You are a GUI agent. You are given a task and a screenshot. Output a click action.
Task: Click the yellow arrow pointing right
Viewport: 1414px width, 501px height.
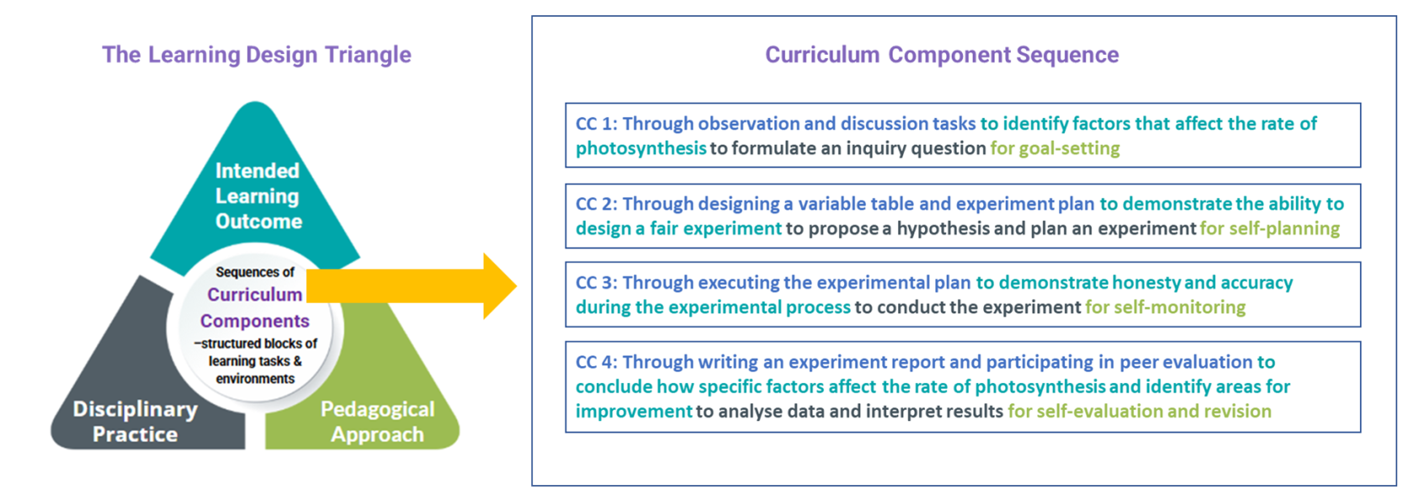[x=412, y=286]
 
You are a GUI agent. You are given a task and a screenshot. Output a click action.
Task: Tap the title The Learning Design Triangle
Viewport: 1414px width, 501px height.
[x=256, y=55]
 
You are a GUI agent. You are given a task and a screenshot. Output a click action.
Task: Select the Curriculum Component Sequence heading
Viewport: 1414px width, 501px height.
[x=942, y=55]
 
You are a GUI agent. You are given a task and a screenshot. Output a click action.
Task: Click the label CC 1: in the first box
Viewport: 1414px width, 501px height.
[x=596, y=124]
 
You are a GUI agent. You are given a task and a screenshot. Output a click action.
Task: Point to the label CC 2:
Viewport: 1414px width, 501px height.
[x=596, y=204]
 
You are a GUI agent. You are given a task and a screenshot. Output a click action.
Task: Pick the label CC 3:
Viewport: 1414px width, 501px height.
[x=596, y=282]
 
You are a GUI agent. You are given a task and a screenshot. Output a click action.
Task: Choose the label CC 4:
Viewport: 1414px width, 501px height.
[x=596, y=362]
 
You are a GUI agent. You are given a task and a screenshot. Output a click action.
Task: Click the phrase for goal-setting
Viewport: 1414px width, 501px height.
[x=1055, y=148]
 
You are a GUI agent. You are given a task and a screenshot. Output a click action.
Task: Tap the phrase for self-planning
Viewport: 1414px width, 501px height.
[x=1269, y=229]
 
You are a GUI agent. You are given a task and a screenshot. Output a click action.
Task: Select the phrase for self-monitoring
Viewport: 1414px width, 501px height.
[x=1165, y=307]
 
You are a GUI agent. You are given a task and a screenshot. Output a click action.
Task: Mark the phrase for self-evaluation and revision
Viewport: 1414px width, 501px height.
[x=1140, y=411]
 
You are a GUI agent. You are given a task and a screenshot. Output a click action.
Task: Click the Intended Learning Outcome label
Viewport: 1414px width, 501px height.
[x=258, y=196]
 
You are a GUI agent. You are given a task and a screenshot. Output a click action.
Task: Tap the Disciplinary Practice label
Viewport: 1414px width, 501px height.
[x=135, y=421]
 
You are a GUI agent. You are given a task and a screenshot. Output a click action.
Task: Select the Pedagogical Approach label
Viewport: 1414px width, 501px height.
[x=377, y=421]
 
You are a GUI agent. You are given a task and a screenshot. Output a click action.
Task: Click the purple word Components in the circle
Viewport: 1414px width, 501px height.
[x=254, y=321]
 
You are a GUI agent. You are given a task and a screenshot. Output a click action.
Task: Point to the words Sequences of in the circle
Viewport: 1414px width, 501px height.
[x=255, y=272]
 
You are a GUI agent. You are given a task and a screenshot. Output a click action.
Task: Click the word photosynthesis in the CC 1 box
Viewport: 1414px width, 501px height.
[x=641, y=148]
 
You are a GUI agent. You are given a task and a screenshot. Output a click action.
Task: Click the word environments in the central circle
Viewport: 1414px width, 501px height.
[x=255, y=378]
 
